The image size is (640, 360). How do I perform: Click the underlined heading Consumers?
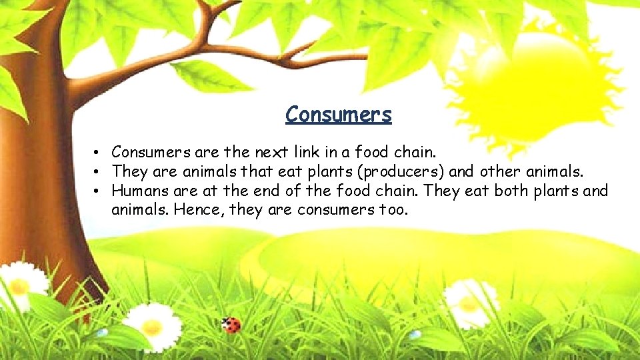tap(338, 115)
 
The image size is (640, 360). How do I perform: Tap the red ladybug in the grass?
tap(231, 325)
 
